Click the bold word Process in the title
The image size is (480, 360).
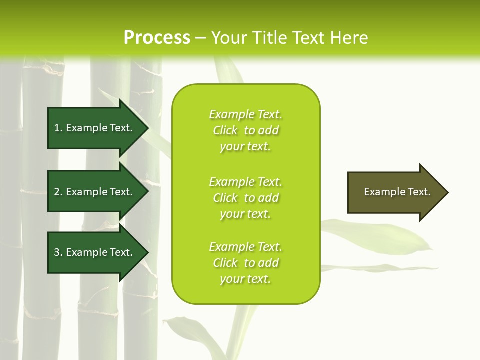coord(157,38)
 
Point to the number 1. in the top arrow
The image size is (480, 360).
coord(58,128)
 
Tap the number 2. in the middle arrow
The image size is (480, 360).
coord(58,192)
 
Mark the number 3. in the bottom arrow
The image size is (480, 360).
coord(58,252)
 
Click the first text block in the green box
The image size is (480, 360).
coord(245,130)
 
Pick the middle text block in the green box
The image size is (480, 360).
coord(245,198)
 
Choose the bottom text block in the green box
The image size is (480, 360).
coord(245,263)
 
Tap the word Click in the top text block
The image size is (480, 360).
coord(225,130)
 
